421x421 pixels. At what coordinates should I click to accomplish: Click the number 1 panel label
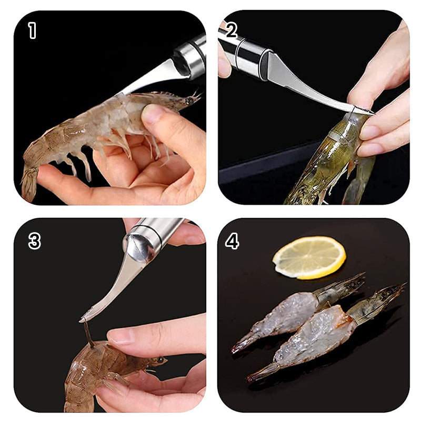click(33, 31)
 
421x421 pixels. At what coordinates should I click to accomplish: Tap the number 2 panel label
click(232, 30)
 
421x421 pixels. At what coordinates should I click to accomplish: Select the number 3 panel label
click(34, 241)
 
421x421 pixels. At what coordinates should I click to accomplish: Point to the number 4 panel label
click(232, 241)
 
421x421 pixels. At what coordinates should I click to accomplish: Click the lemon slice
click(309, 257)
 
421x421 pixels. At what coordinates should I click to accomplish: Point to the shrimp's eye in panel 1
click(188, 99)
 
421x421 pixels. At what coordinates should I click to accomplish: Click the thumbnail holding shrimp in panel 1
click(154, 114)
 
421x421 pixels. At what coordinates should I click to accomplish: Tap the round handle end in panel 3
click(138, 247)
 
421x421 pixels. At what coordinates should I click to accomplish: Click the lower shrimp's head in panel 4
click(379, 303)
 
